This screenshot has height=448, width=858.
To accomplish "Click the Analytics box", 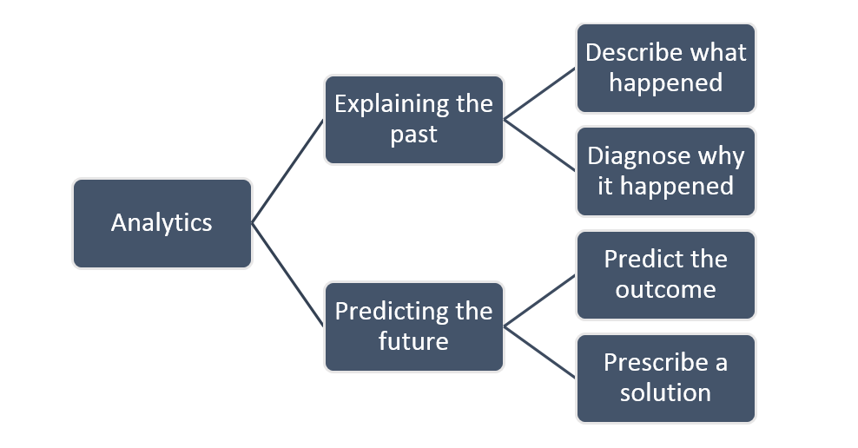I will coord(162,223).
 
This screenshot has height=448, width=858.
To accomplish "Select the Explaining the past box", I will coord(413,120).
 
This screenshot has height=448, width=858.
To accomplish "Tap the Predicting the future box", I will coord(413,326).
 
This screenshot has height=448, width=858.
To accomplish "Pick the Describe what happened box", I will coord(665,68).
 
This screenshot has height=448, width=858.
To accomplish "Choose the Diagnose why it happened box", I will coord(665,171).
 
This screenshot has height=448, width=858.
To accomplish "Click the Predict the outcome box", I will coord(665,274).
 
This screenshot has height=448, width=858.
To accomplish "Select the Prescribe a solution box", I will coord(665,378).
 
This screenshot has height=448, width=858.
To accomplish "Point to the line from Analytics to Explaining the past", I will coord(287,172).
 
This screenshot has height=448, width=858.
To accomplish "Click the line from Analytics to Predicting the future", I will coord(287,275).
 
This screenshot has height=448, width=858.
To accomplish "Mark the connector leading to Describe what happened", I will coord(540,94).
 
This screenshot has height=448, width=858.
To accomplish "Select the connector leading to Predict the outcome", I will coord(540,301).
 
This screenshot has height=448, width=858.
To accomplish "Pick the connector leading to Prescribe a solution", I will coord(540,352).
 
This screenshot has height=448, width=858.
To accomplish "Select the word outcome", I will coord(665,289).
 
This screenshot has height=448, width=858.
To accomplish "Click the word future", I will coord(413,341).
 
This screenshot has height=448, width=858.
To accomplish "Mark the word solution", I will coord(665,392).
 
